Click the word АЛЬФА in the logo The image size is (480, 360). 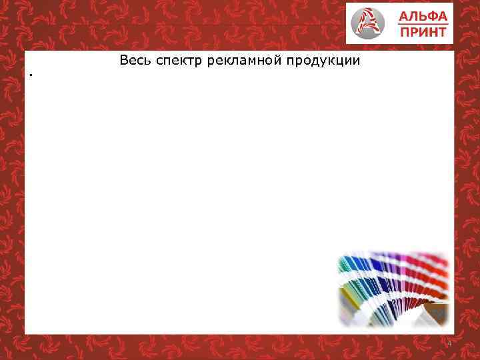423,16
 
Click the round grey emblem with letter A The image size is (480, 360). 369,23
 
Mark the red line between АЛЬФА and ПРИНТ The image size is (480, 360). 423,23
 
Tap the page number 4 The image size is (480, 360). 449,343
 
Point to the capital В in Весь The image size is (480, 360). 124,61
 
